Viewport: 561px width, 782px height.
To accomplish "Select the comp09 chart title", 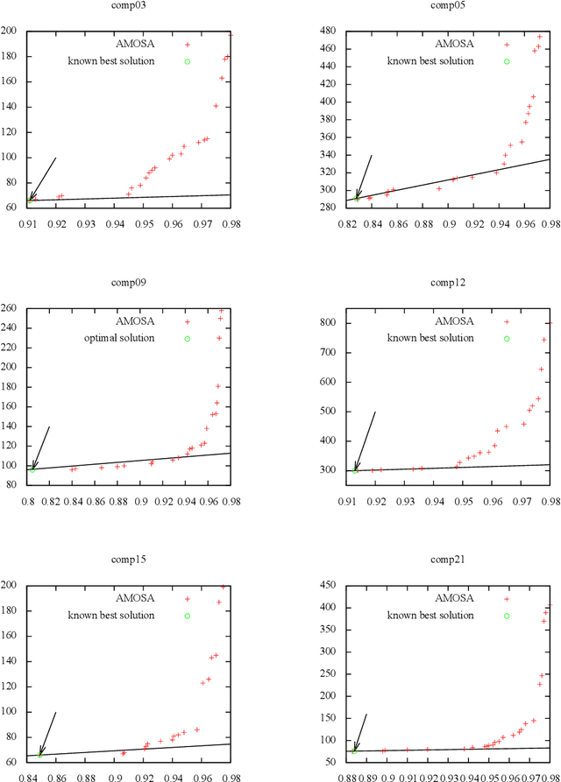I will (x=130, y=283).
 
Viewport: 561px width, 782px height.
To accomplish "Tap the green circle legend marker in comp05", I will (x=507, y=61).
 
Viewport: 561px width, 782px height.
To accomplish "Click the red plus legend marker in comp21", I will (x=507, y=599).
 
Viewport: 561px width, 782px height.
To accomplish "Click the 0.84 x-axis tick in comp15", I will (x=28, y=776).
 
